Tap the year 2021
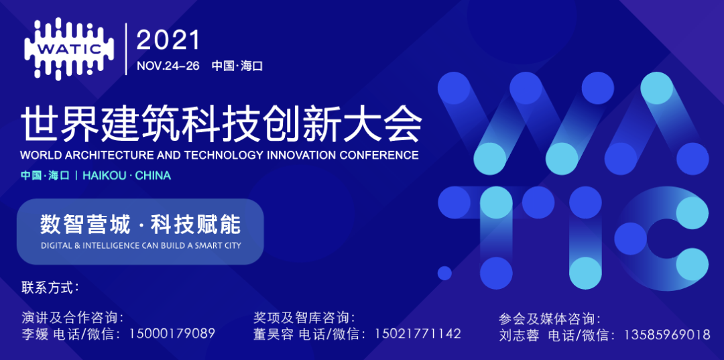(x=168, y=40)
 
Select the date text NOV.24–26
(x=168, y=66)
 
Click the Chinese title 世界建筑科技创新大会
(x=221, y=125)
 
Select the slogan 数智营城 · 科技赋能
(x=140, y=223)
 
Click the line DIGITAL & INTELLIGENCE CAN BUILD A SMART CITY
(x=141, y=245)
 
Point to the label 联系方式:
(x=50, y=288)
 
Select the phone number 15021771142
(x=417, y=333)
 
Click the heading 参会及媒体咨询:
(x=550, y=319)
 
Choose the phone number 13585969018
(x=666, y=335)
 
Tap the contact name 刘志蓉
(x=519, y=335)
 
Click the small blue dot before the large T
(x=444, y=272)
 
